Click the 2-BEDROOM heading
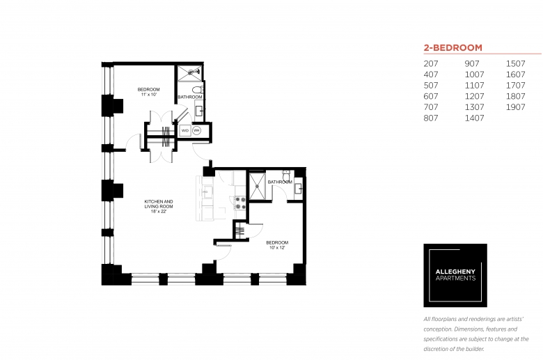tap(452, 48)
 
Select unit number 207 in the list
tap(431, 64)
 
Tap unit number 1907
tap(516, 107)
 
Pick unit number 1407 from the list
tap(475, 118)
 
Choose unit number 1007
tap(475, 75)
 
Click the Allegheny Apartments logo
tap(455, 276)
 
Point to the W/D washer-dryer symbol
tap(185, 131)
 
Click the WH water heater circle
tap(197, 131)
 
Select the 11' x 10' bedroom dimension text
tap(149, 95)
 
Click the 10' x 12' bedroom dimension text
tap(277, 248)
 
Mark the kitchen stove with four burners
tap(240, 203)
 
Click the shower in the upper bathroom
tap(190, 72)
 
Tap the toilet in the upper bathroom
tap(198, 89)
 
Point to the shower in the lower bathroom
tap(258, 186)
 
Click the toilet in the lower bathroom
tap(286, 175)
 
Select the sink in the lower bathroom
tap(299, 189)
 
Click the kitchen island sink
tap(207, 192)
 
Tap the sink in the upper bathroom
tap(200, 111)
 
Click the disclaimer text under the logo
tap(476, 334)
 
